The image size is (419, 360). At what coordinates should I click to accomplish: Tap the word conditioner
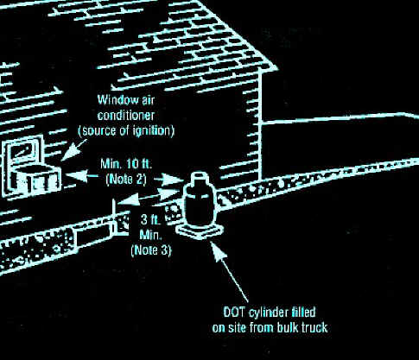[126, 116]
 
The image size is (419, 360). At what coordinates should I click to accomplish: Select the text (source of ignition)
[126, 131]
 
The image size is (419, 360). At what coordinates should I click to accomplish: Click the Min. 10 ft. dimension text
[126, 164]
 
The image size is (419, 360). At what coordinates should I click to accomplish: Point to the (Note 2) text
[126, 180]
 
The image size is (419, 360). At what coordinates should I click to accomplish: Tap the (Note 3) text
[151, 249]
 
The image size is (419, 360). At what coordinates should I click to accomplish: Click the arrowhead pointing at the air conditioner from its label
[69, 153]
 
